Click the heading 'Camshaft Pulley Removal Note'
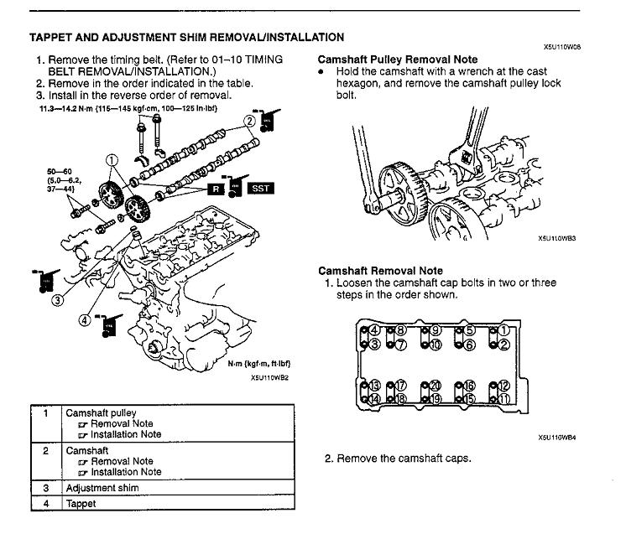(x=398, y=60)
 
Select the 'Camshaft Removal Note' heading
(x=380, y=271)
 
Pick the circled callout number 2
(x=249, y=121)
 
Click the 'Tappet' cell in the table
(x=81, y=503)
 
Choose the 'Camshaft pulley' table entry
(x=101, y=412)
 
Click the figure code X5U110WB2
(x=269, y=377)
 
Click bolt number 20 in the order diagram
(x=436, y=386)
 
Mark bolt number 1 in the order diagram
(x=503, y=330)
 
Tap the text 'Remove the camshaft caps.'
(x=398, y=459)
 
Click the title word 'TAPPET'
(x=53, y=37)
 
